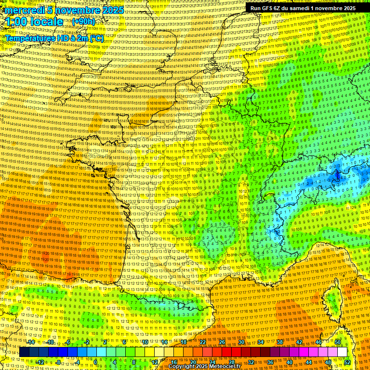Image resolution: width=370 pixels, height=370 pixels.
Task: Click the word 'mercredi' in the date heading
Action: pos(24,10)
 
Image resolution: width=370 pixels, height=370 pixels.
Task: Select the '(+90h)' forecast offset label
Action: pos(83,22)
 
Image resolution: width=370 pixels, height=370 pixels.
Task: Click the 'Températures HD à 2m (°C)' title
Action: pos(54,38)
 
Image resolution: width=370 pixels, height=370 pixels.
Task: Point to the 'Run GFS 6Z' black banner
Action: pos(303,8)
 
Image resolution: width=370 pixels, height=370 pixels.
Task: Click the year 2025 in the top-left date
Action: pos(113,10)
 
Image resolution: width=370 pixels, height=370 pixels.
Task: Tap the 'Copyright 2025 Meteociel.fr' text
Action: pos(204,366)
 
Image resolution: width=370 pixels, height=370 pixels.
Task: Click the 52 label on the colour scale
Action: pos(348,362)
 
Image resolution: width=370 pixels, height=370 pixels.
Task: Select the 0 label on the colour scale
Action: pos(96,362)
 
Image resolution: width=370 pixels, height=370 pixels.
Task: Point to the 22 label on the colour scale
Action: pos(202,342)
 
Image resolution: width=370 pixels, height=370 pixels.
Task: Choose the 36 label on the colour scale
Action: pos(270,362)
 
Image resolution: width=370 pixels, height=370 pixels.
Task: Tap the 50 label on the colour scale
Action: pos(338,342)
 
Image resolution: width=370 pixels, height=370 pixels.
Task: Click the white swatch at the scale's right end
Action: pos(343,352)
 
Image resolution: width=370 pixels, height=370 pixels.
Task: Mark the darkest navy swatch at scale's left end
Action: pos(24,352)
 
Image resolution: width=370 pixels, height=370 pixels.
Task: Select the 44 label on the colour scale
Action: pos(309,362)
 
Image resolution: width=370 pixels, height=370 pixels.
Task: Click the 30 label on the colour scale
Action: pos(241,342)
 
